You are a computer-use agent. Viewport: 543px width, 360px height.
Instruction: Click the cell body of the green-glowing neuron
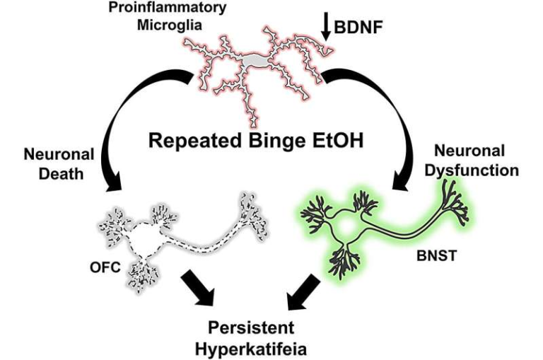[347, 226]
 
